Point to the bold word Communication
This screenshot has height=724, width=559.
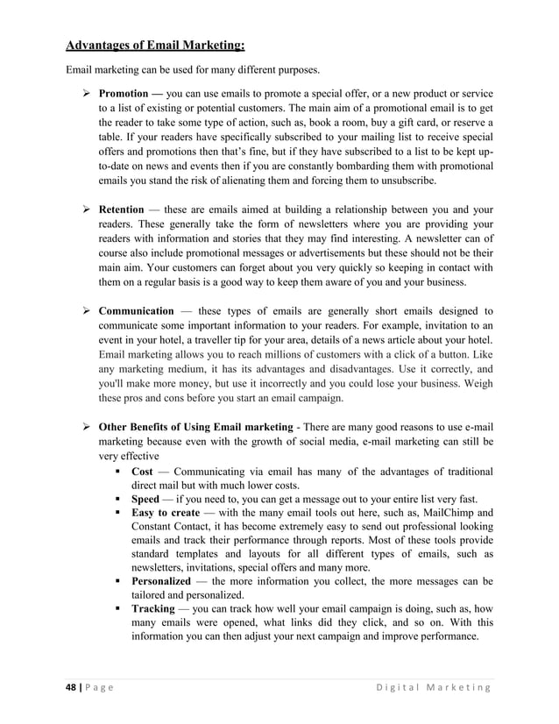(x=136, y=310)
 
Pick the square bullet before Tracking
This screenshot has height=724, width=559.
(x=117, y=607)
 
